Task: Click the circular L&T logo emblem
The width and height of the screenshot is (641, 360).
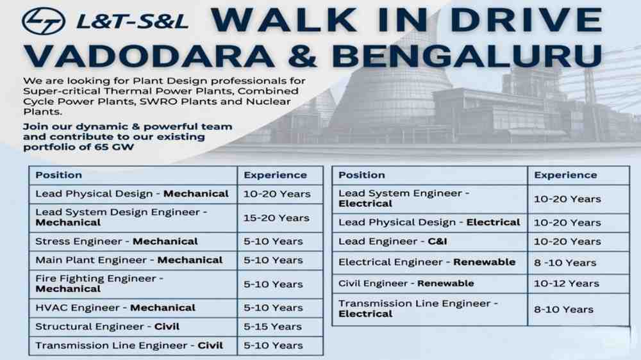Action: click(x=44, y=21)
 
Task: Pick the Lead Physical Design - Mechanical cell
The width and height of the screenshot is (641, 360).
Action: click(x=131, y=193)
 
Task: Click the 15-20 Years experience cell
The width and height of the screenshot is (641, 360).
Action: click(x=276, y=218)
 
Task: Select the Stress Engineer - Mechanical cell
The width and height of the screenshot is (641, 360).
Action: click(x=117, y=241)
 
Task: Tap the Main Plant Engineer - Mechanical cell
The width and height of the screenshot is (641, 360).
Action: click(x=129, y=260)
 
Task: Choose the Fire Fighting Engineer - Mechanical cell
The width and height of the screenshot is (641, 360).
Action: click(x=99, y=284)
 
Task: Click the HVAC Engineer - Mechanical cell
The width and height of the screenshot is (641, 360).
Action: click(x=115, y=307)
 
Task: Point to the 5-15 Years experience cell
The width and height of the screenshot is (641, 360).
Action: click(x=273, y=327)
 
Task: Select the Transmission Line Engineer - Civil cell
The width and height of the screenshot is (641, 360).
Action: click(x=129, y=345)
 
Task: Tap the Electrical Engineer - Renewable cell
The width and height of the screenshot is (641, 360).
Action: click(x=427, y=263)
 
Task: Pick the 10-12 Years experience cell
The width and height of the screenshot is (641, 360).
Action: click(x=567, y=283)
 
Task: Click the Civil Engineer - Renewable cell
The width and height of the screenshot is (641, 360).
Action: click(x=406, y=283)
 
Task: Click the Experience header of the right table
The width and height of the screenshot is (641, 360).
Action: click(x=565, y=175)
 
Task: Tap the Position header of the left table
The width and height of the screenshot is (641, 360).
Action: click(x=59, y=175)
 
